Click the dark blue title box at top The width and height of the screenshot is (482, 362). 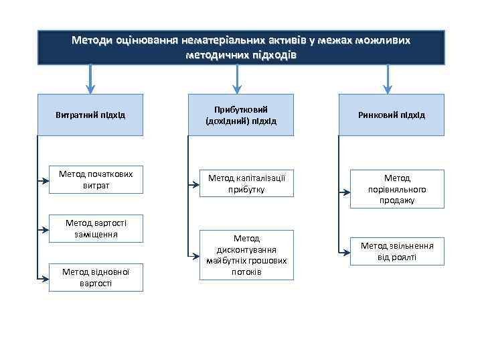240,47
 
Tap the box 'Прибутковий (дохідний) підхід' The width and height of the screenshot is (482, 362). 240,115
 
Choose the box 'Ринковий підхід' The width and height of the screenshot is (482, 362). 391,115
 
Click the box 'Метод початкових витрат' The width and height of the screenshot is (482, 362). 96,179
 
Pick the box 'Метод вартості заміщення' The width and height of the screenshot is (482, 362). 96,229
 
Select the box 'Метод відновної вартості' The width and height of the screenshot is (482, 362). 96,278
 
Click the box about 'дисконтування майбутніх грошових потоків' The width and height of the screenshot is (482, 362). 246,255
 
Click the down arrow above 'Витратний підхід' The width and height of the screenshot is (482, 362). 90,80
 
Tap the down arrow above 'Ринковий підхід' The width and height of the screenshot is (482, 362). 386,80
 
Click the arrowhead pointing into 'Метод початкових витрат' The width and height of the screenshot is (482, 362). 45,191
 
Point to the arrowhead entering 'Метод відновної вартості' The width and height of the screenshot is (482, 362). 45,278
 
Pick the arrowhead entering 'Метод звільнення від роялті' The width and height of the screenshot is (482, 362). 346,252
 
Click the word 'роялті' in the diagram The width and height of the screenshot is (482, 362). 404,257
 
